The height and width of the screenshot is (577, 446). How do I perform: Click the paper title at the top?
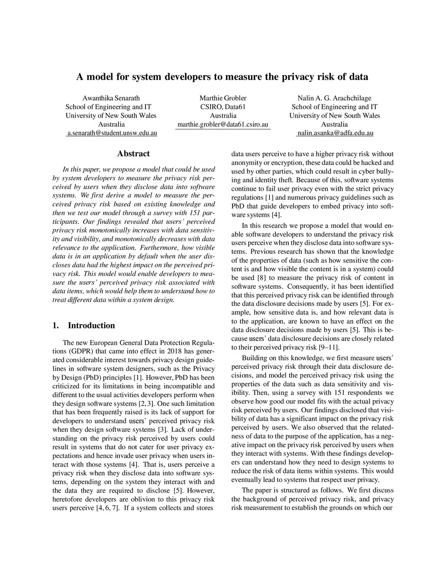point(223,77)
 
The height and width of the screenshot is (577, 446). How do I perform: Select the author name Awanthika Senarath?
point(111,98)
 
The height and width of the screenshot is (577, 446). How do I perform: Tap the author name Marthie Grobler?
point(223,98)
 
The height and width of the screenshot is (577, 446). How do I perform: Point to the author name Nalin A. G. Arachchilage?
point(334,98)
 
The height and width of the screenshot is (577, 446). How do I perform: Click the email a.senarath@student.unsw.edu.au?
point(111,133)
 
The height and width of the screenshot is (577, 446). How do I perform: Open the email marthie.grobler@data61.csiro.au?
point(223,124)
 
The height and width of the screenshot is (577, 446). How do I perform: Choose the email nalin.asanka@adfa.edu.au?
point(335,133)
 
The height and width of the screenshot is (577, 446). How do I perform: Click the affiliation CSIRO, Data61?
point(223,107)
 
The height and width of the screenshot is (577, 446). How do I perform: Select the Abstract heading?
point(133,154)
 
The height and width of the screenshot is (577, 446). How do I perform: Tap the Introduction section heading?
point(91,326)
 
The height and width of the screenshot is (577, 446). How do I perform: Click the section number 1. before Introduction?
point(55,326)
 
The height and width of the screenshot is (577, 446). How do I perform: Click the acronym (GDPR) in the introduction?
point(66,351)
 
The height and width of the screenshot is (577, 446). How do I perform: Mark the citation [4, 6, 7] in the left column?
point(108,508)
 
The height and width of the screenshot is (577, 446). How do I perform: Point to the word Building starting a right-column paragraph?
point(254,358)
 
